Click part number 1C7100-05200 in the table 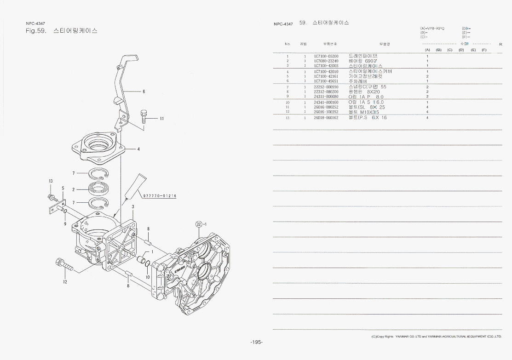[326, 56]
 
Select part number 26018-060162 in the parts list [326, 118]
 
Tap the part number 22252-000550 [326, 87]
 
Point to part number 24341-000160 [326, 102]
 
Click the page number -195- [256, 342]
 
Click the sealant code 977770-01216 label [160, 196]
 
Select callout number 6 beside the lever [144, 91]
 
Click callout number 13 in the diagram [51, 181]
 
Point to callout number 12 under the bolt [65, 282]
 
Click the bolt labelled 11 [144, 115]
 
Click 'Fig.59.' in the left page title [36, 31]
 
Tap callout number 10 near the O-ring [148, 277]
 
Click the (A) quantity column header [427, 50]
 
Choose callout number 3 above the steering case [132, 207]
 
